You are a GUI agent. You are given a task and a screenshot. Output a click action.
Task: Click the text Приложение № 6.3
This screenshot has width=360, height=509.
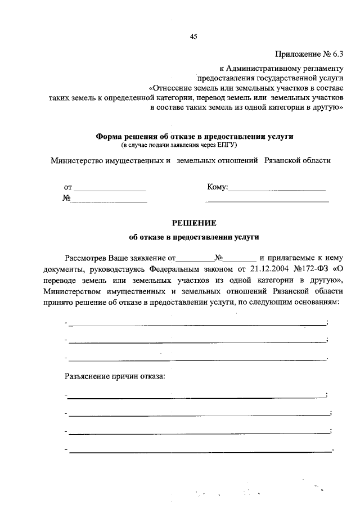tap(308, 55)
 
